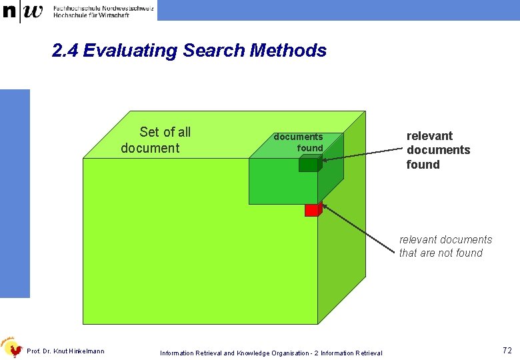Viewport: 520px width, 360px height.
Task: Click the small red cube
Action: [313, 209]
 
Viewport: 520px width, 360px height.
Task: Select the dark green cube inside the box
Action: [310, 164]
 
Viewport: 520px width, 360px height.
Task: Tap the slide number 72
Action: [507, 349]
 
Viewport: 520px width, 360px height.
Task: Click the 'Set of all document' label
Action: [156, 140]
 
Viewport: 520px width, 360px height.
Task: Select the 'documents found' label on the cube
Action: [299, 142]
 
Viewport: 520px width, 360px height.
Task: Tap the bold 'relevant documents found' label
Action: [437, 150]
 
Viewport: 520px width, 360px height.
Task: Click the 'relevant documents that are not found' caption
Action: [445, 246]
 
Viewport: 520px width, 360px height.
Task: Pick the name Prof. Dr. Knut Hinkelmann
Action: [65, 351]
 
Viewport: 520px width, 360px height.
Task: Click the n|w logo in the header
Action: [23, 11]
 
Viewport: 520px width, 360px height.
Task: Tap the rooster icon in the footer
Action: [12, 347]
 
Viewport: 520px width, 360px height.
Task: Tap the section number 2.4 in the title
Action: [65, 51]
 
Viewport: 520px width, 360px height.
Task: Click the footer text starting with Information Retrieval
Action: [271, 353]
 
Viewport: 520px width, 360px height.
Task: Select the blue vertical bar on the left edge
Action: [15, 193]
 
